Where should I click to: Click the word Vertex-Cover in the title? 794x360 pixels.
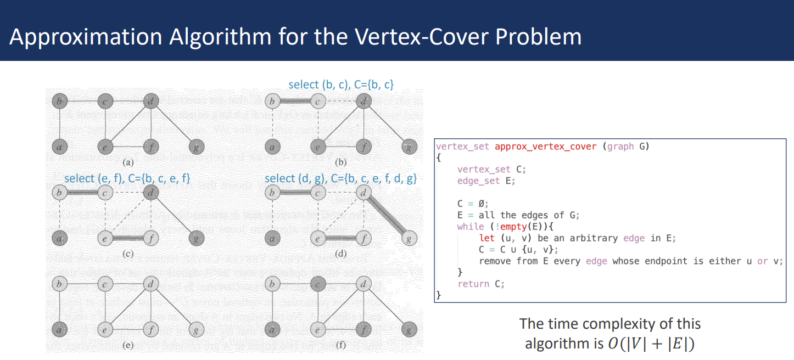[422, 37]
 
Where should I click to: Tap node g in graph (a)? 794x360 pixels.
[197, 147]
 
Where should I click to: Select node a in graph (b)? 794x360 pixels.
[272, 147]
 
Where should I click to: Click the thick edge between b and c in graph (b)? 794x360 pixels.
[295, 102]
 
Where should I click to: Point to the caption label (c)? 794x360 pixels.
[128, 254]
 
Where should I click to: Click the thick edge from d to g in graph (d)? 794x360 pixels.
[387, 216]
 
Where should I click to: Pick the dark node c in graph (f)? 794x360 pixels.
[318, 284]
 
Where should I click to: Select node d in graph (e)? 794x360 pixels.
[151, 284]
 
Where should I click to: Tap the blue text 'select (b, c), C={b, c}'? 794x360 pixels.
[340, 85]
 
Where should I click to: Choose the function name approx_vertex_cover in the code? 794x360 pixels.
[545, 147]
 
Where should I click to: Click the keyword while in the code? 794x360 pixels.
[471, 227]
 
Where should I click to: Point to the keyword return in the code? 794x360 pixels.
[473, 284]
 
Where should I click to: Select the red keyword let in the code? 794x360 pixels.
[487, 238]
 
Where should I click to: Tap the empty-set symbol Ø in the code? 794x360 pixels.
[482, 204]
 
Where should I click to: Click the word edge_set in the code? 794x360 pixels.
[478, 181]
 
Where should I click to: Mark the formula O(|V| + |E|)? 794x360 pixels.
[651, 344]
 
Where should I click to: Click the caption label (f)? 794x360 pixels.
[340, 345]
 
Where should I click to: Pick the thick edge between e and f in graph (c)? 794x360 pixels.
[128, 239]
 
